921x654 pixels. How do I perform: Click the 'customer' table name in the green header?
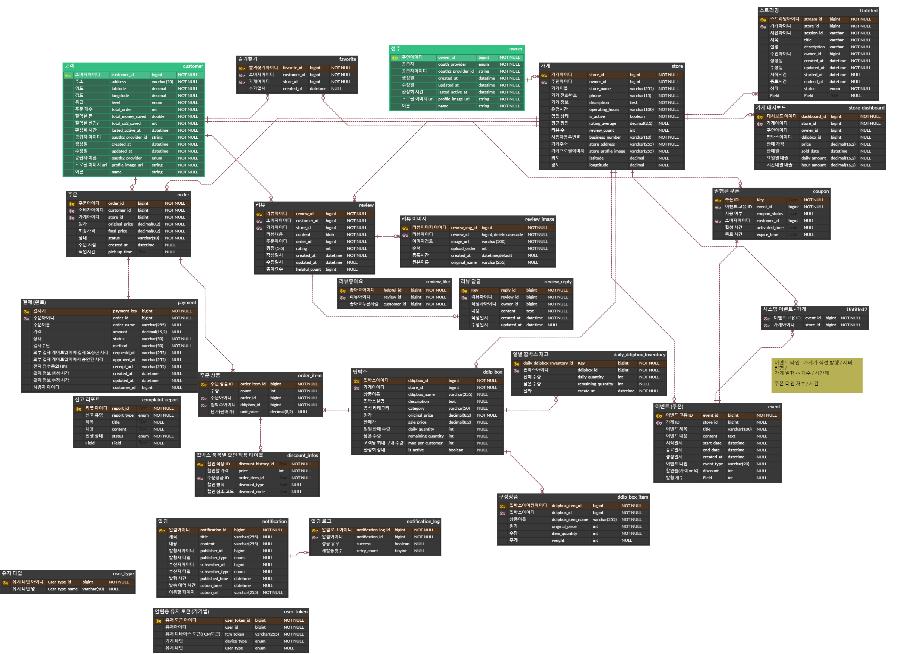pos(193,66)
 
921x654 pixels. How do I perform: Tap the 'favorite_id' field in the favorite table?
pos(292,68)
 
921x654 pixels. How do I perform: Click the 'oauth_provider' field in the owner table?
pos(452,64)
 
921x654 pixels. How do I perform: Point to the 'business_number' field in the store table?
pos(604,137)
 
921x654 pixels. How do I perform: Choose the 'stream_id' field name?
pos(813,19)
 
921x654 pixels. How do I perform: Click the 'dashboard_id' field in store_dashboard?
pos(813,116)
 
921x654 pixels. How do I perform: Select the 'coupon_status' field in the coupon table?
pos(769,214)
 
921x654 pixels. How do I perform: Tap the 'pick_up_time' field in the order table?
pos(120,252)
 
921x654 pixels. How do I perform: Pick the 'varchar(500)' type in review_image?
pos(493,242)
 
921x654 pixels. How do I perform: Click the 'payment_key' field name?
pos(125,311)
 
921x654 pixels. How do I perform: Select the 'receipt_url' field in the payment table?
pos(122,367)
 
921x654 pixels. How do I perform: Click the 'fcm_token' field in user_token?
pos(234,634)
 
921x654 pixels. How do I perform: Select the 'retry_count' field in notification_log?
pos(367,551)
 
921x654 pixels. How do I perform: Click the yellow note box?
pos(816,375)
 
